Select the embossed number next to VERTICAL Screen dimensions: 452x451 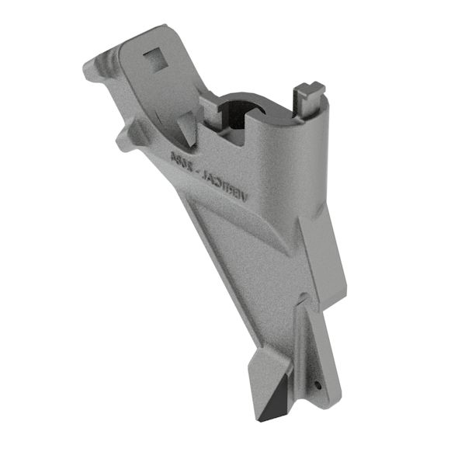point(180,160)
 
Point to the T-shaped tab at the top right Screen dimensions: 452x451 point(310,92)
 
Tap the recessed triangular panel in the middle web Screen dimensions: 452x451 point(233,233)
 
